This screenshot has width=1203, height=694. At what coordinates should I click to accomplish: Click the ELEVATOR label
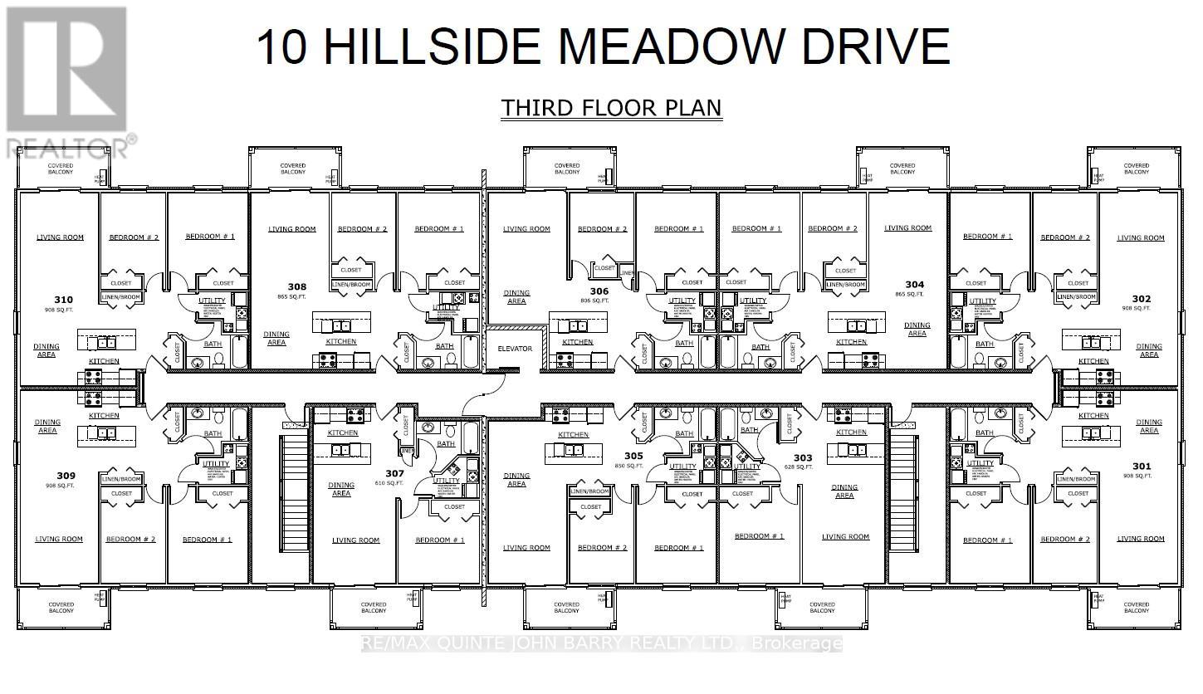pyautogui.click(x=514, y=348)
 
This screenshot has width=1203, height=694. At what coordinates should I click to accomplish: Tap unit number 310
pyautogui.click(x=63, y=300)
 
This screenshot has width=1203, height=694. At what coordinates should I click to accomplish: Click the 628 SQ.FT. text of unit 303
pyautogui.click(x=803, y=467)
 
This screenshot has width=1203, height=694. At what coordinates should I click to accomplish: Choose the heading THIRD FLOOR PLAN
pyautogui.click(x=610, y=109)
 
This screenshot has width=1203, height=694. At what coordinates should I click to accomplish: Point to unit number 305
pyautogui.click(x=633, y=456)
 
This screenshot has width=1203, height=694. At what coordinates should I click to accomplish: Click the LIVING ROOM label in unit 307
pyautogui.click(x=355, y=540)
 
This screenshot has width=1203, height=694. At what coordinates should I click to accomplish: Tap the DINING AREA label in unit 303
pyautogui.click(x=844, y=491)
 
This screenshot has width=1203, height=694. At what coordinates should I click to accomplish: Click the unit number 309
pyautogui.click(x=66, y=476)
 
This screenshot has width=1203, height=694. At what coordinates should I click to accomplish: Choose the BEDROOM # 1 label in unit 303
pyautogui.click(x=759, y=536)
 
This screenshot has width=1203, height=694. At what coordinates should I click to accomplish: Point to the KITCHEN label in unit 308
pyautogui.click(x=340, y=341)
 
